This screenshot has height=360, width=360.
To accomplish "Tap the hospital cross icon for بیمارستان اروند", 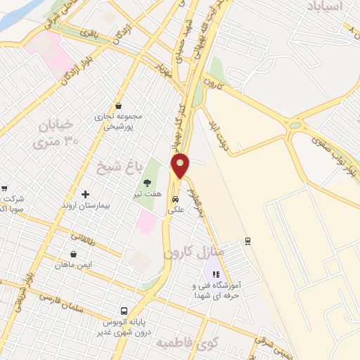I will (86, 194).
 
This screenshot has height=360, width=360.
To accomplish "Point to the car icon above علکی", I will (175, 199).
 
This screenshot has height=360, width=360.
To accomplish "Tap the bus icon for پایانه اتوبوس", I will (124, 310).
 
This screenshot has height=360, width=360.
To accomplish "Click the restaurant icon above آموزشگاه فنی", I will (217, 275).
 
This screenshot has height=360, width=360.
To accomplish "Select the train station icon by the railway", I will (247, 241).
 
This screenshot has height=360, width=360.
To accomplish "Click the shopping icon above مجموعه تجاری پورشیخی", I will (117, 106).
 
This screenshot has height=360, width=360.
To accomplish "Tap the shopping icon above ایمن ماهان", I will (74, 254).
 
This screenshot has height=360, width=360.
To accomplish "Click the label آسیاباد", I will (323, 6).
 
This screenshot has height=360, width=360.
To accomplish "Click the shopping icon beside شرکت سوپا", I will (5, 188).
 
